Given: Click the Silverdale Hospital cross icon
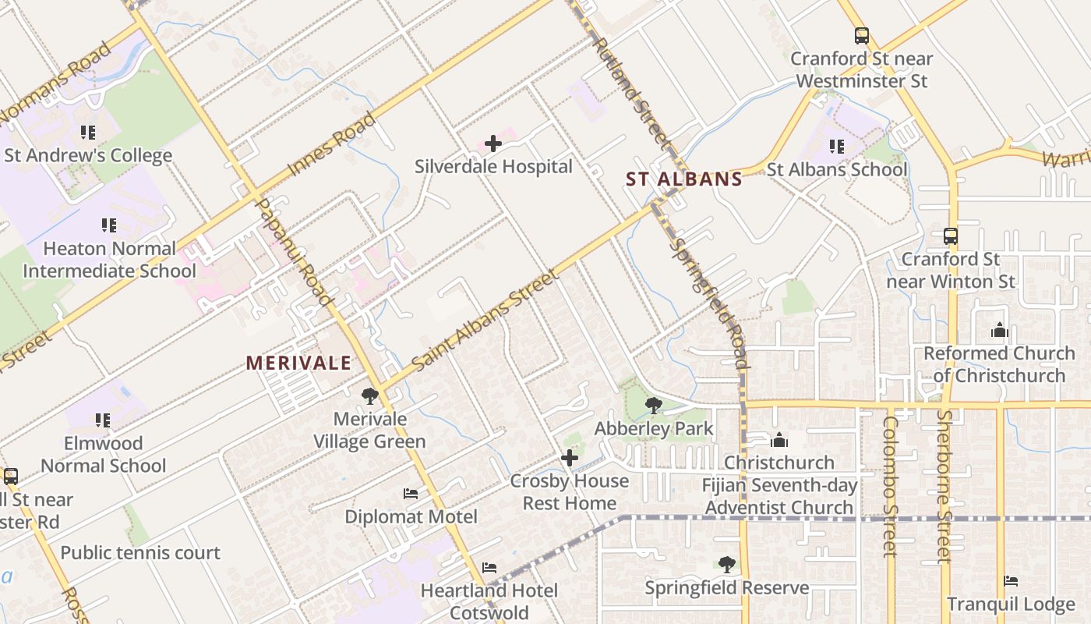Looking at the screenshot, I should click(493, 144).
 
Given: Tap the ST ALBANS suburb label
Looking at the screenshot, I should click(684, 179).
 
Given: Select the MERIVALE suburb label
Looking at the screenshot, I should click(298, 363).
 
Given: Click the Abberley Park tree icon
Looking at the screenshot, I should click(654, 405).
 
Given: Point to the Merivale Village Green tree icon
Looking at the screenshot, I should click(370, 396).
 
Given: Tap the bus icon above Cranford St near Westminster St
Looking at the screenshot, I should click(861, 36).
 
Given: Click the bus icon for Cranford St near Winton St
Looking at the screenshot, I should click(950, 236).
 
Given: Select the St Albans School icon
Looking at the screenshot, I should click(837, 147).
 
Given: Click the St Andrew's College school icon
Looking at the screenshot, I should click(88, 133).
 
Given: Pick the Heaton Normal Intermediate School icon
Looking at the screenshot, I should click(109, 225).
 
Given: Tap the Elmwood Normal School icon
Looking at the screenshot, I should click(103, 420).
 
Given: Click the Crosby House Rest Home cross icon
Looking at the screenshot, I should click(570, 458).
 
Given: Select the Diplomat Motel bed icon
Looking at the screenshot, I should click(411, 494).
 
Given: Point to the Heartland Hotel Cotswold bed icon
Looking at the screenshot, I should click(489, 567).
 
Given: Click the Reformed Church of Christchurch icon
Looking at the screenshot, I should click(999, 331).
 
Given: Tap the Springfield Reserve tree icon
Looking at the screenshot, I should click(726, 564).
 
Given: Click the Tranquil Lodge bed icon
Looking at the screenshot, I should click(1011, 581).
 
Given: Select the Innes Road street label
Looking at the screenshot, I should click(332, 144).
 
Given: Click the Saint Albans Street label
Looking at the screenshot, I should click(484, 321).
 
